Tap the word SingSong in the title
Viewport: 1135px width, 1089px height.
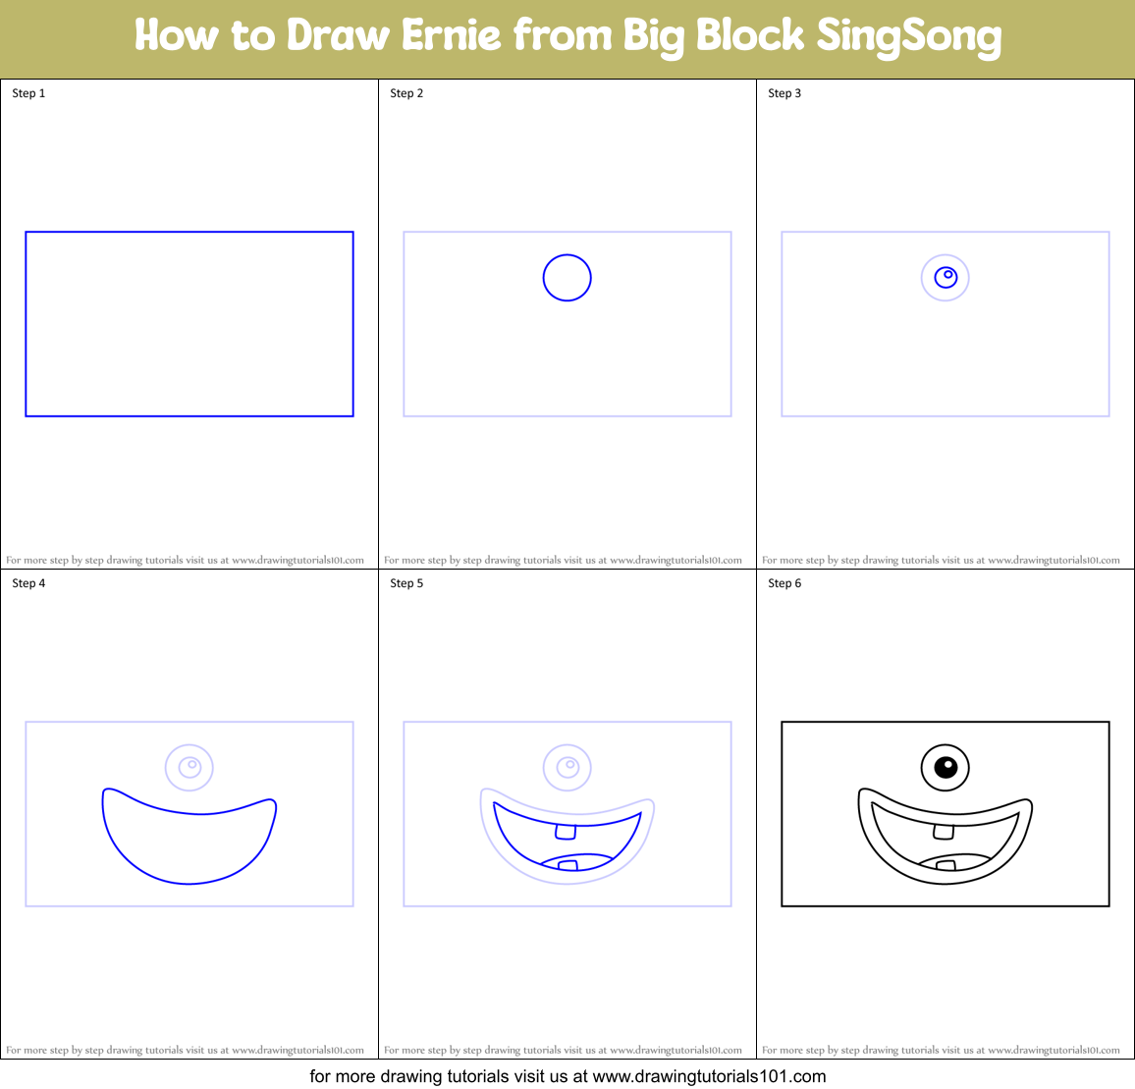908,37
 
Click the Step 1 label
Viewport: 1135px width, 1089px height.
28,93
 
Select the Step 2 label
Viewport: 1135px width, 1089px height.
406,93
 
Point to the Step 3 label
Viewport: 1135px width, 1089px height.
784,93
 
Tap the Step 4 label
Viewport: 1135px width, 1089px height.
28,583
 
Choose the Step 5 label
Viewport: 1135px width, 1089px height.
406,583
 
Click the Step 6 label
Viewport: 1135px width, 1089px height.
784,583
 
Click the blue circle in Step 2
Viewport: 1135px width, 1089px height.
567,278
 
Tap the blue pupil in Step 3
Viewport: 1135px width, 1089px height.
946,277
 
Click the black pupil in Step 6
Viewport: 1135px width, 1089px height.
946,766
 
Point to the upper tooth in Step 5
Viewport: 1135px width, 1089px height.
566,832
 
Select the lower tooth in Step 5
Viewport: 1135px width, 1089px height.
567,865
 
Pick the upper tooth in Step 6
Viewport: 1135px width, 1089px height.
944,832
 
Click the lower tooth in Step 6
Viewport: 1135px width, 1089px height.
946,865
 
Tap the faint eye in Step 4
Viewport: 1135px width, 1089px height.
189,767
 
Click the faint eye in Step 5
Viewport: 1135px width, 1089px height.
567,767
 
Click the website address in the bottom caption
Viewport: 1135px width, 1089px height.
709,1076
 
